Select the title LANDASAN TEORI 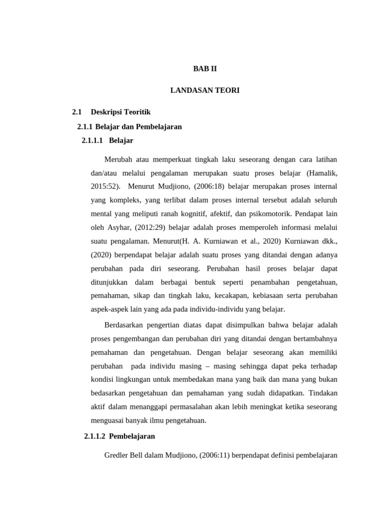pos(205,90)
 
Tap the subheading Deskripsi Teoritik pos(120,112)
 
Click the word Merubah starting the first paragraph pos(118,160)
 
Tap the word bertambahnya pos(314,338)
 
